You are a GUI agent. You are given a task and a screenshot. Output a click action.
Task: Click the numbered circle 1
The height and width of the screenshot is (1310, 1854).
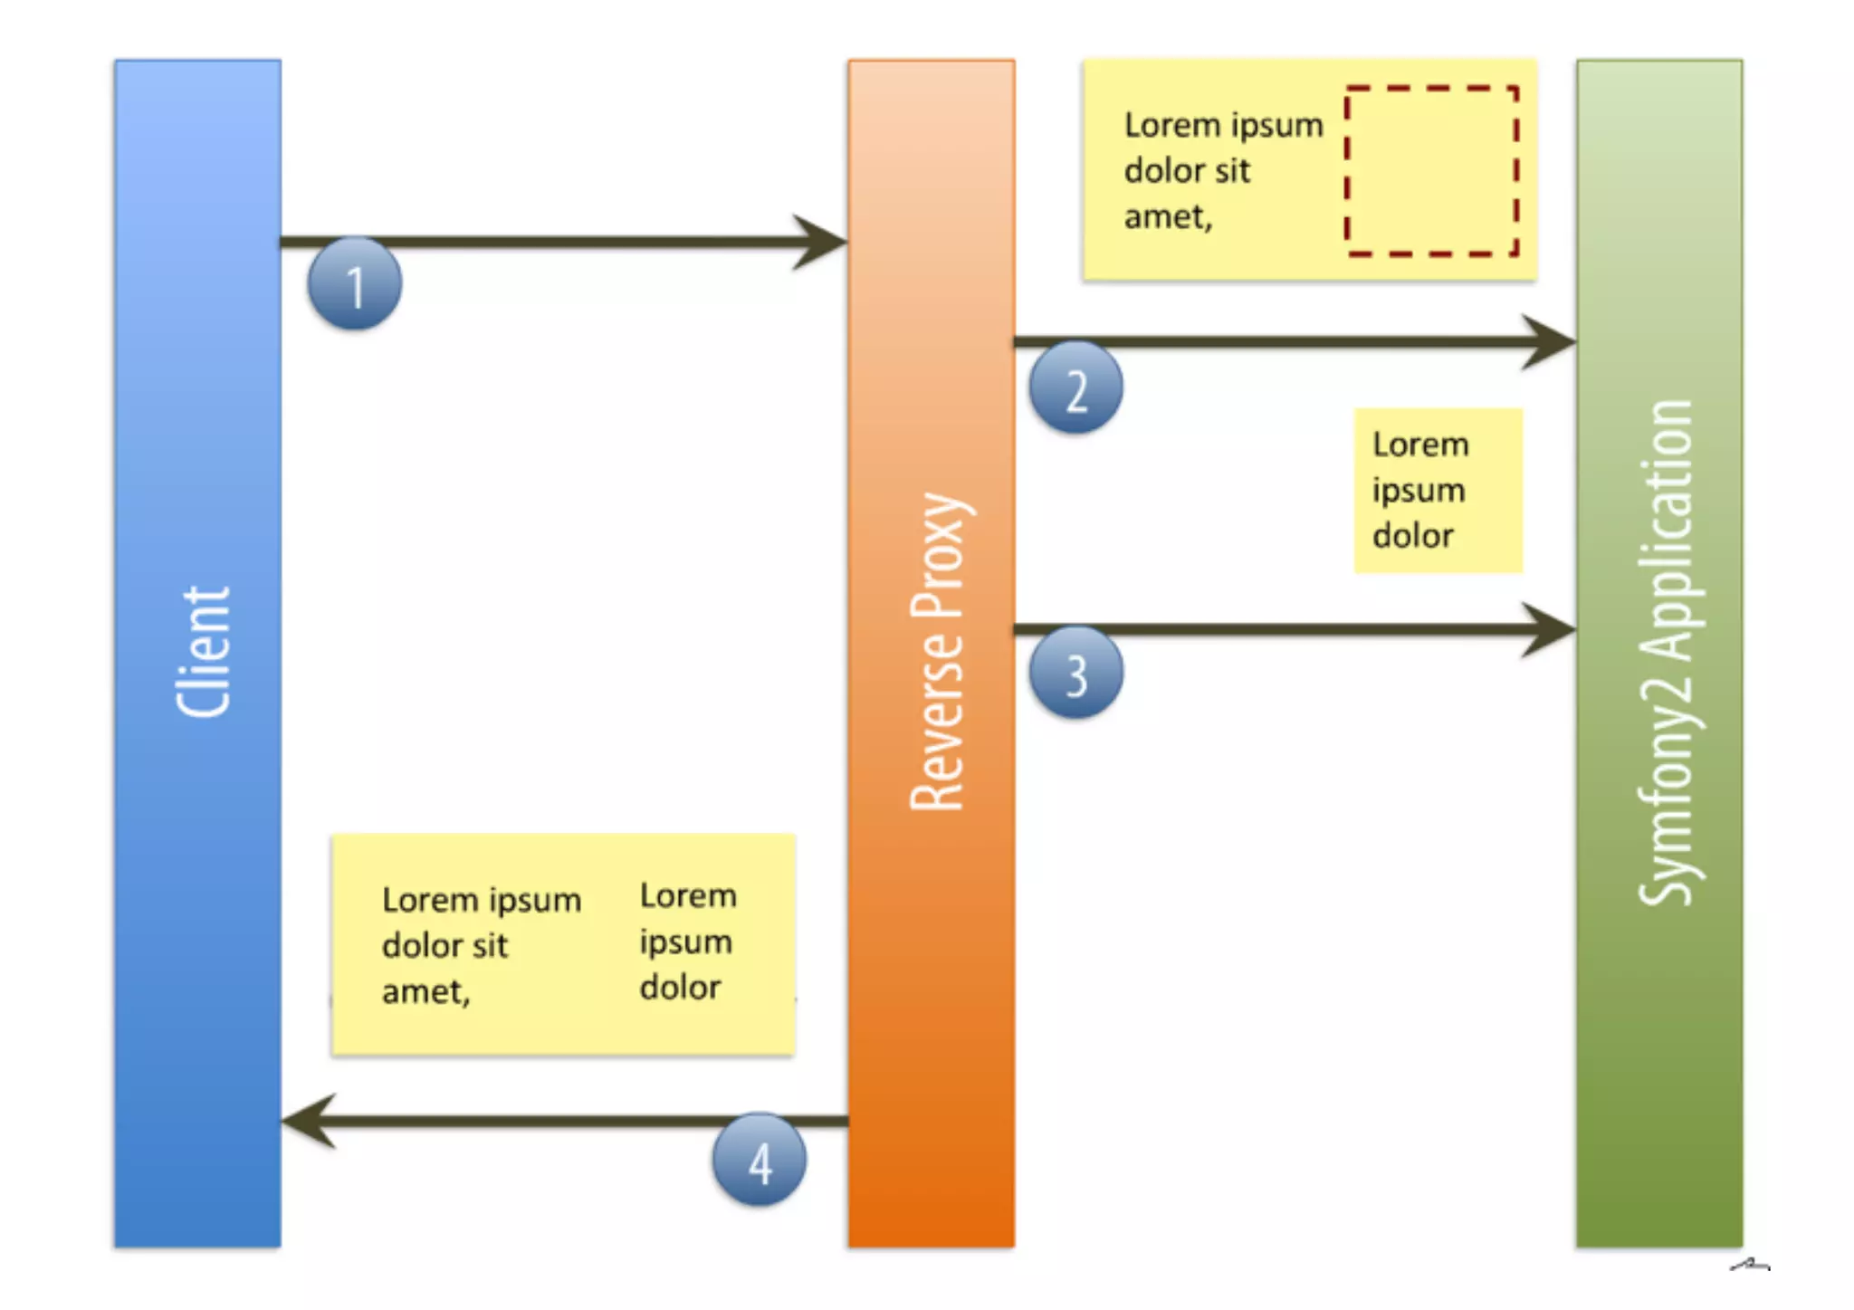tap(355, 284)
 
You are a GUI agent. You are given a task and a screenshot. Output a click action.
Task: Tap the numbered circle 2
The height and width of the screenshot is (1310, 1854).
tap(1075, 388)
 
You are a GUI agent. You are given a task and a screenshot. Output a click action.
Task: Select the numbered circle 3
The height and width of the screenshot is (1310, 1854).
tap(1075, 674)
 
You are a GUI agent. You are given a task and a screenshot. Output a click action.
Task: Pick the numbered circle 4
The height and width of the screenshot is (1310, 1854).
tap(760, 1161)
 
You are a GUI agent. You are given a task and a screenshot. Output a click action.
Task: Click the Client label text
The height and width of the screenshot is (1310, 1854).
tap(203, 652)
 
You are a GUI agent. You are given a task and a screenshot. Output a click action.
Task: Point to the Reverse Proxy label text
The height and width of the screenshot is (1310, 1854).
tap(938, 652)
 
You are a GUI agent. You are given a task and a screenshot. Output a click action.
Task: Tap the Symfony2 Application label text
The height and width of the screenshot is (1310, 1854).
tap(1665, 652)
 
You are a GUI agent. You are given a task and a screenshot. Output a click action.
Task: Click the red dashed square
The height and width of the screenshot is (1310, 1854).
tap(1431, 171)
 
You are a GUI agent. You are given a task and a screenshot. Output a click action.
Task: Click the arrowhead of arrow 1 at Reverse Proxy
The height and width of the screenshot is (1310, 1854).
tap(822, 242)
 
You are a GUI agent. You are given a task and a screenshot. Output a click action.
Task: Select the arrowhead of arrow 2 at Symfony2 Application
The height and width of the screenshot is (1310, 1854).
tap(1550, 342)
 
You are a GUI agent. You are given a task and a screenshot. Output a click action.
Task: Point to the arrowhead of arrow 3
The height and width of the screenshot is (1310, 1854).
tap(1550, 629)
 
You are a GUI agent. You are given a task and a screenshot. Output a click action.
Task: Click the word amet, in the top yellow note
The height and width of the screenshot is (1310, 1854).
tap(1168, 217)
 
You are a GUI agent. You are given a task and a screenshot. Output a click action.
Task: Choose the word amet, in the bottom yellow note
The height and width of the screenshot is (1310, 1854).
tap(425, 992)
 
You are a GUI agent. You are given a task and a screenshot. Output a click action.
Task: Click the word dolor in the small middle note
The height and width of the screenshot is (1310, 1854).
tap(1412, 536)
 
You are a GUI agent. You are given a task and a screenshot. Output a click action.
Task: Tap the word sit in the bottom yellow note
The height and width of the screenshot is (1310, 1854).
tap(490, 946)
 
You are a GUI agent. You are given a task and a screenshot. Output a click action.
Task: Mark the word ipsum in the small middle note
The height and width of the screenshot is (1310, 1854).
tap(1418, 491)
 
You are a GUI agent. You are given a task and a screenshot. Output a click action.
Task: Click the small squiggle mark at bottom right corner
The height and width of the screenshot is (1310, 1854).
tap(1749, 1265)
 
